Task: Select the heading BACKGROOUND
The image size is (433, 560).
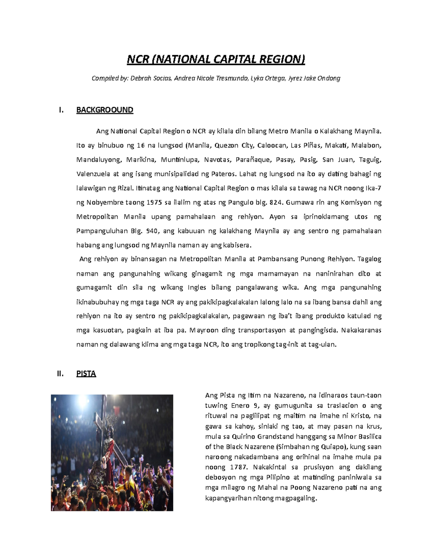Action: pos(105,110)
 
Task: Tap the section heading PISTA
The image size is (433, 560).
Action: pos(86,374)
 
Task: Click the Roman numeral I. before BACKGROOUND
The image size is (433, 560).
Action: pos(61,110)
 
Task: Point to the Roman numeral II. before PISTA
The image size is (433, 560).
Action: pos(60,374)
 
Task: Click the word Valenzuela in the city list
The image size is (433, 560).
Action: pos(93,174)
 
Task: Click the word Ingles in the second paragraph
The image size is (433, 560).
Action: pos(197,288)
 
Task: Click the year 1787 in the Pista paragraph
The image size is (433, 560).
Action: pos(238,467)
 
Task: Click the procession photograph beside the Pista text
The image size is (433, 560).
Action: pos(112,453)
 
